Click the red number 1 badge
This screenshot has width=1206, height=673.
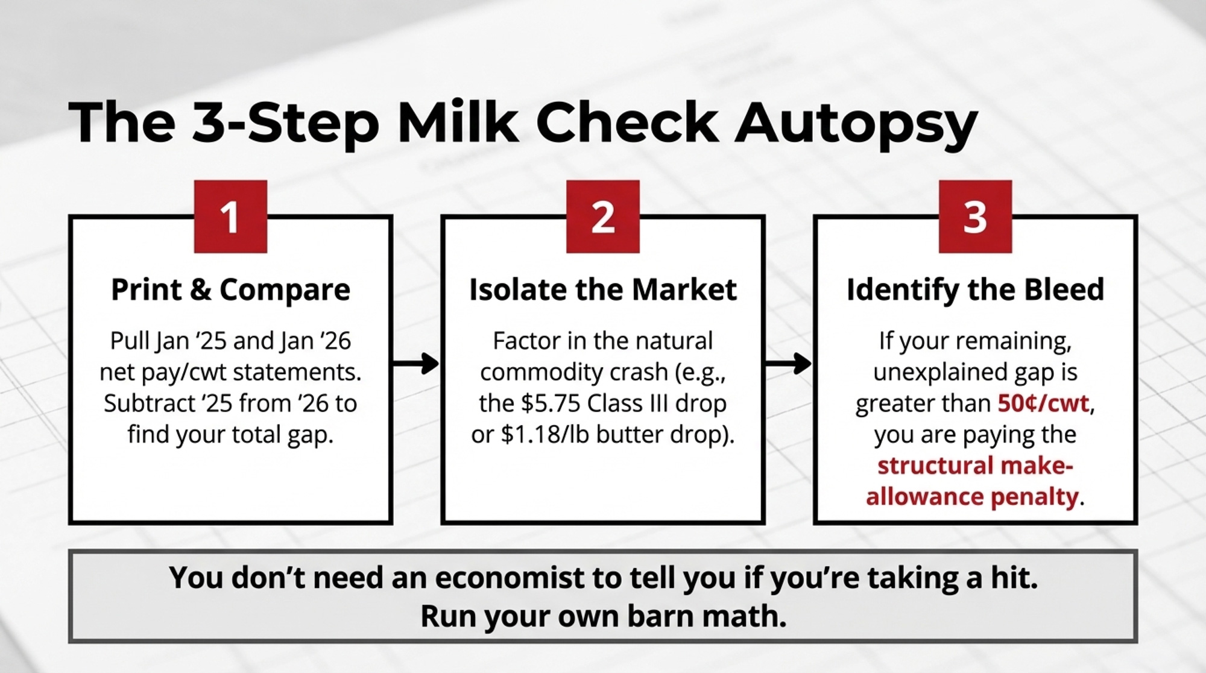pyautogui.click(x=230, y=216)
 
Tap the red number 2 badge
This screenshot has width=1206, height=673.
pyautogui.click(x=603, y=216)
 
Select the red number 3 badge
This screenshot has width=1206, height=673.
pyautogui.click(x=975, y=216)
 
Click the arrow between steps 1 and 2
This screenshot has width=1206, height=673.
pyautogui.click(x=416, y=364)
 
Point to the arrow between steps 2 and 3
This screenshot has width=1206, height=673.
pyautogui.click(x=788, y=364)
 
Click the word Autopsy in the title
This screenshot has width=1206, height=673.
pyautogui.click(x=856, y=124)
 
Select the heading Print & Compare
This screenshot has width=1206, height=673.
pyautogui.click(x=230, y=290)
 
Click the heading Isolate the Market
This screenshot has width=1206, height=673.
pyautogui.click(x=603, y=290)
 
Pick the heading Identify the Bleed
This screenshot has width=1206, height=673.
pyautogui.click(x=975, y=290)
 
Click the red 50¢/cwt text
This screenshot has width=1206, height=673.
pyautogui.click(x=1043, y=403)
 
